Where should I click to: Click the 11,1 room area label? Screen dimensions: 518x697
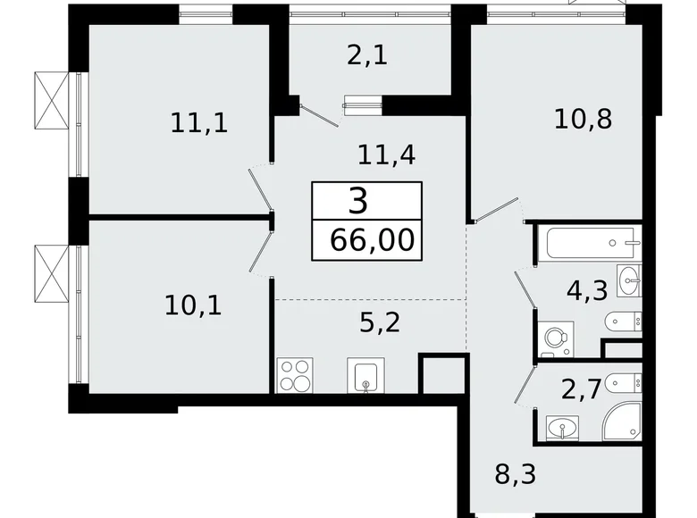199,121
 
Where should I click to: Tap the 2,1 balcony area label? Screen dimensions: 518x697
366,55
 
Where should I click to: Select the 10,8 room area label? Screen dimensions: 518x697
583,119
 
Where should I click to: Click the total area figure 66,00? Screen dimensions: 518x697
365,240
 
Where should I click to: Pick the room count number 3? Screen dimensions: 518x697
358,202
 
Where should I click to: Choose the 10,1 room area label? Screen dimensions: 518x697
193,305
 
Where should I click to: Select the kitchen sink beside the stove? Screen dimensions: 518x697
365,377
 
